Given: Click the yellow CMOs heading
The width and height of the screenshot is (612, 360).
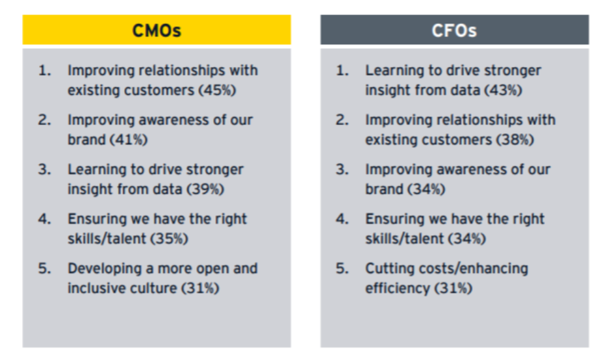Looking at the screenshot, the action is [157, 30].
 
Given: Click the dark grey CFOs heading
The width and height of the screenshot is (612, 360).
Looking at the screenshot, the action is [455, 30].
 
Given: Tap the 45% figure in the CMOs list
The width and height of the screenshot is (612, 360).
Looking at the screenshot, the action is [218, 90].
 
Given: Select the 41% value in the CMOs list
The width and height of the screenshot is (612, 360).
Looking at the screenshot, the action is [129, 140].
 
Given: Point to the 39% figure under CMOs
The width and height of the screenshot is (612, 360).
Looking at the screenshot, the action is [205, 189].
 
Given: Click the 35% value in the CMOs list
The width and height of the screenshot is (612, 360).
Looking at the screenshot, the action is [170, 238].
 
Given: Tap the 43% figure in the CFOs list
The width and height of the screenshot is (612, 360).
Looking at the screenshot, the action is [504, 90].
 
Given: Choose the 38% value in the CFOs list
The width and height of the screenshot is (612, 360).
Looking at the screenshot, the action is [515, 140].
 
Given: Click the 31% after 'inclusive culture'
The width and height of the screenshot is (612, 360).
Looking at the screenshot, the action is [200, 288].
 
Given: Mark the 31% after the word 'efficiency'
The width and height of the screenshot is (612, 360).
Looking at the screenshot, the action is [453, 288].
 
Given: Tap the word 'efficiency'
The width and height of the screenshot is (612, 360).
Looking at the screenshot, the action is [398, 288].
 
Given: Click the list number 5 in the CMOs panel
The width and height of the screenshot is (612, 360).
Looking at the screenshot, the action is [44, 268].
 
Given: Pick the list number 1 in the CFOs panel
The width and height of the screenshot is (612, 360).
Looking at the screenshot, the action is [342, 70].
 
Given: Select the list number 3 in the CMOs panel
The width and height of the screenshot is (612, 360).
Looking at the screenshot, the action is [44, 170].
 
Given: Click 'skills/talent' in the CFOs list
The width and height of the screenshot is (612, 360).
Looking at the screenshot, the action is [404, 238].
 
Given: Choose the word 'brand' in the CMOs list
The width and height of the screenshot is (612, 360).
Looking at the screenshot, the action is [86, 140].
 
